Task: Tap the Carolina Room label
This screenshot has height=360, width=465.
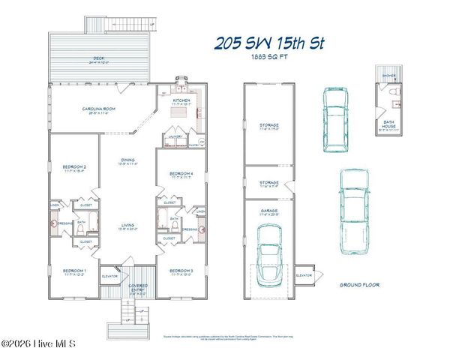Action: pos(97,110)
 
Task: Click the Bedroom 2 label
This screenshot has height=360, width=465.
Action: pos(74,168)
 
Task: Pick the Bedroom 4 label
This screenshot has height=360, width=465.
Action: pos(181,175)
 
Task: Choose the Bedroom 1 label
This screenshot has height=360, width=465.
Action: pos(74,271)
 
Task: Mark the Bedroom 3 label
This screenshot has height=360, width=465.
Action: pos(181,271)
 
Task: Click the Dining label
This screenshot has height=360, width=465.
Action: pos(128,160)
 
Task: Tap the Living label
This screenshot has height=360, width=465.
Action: pos(128,226)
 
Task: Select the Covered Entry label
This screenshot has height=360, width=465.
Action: pos(137,288)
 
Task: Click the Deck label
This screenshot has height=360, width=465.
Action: pos(98,57)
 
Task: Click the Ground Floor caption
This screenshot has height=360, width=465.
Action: pos(360,285)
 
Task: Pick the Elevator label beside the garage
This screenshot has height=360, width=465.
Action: pos(304,276)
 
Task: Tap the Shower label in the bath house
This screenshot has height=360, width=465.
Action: pos(388,76)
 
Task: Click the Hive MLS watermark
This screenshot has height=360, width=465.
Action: pos(39,343)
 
